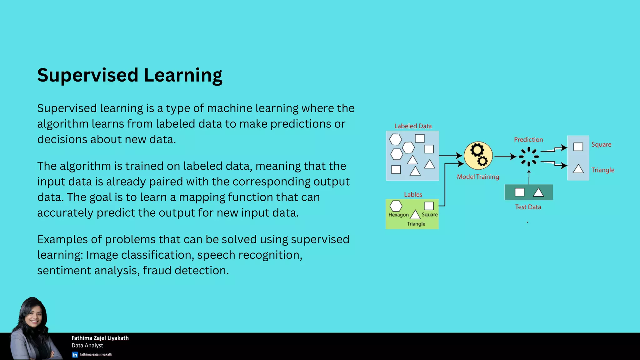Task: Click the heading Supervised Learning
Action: (130, 75)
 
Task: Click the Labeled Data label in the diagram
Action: (413, 126)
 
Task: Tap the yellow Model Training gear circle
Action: (478, 156)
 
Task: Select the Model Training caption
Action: (478, 177)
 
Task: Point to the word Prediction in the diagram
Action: (528, 140)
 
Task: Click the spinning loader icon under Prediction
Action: (529, 157)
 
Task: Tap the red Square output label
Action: (601, 144)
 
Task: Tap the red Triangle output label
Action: (603, 170)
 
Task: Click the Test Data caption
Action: (528, 207)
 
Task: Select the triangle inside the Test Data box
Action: (538, 192)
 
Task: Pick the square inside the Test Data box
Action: (519, 192)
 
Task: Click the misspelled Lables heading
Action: (413, 194)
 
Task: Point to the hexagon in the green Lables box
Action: (396, 206)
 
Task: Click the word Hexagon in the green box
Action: (398, 215)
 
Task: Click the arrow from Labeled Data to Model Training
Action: (450, 156)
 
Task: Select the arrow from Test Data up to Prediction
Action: (529, 177)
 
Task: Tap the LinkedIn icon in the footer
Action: (75, 355)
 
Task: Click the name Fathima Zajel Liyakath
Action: (100, 338)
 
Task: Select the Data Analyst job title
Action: (87, 345)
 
